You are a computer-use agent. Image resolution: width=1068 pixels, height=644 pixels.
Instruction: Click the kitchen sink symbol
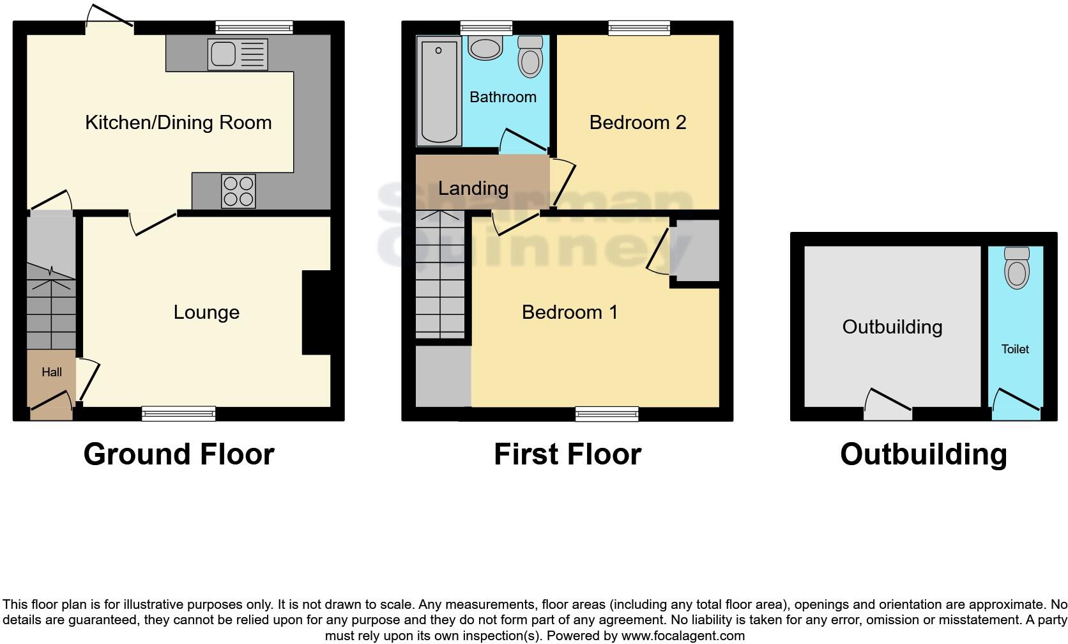237,54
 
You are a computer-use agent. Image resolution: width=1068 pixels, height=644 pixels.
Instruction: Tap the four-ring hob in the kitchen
238,191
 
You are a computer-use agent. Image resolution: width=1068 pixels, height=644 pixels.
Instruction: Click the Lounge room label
206,312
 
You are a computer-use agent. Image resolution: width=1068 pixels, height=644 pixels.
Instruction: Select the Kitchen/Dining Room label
178,123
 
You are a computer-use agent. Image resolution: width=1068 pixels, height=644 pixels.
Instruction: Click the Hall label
52,372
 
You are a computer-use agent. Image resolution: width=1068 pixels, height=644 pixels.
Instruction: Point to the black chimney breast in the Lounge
317,312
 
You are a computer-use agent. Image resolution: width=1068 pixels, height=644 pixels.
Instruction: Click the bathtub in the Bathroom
438,91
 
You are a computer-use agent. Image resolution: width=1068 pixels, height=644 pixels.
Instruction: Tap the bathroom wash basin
485,49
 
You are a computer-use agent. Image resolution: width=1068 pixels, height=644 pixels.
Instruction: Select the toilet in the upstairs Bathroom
530,57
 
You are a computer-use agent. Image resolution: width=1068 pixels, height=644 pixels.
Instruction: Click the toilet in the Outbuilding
1017,268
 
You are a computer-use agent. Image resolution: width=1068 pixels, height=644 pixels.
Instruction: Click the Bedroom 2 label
637,123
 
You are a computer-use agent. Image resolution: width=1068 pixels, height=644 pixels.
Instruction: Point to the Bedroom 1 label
569,312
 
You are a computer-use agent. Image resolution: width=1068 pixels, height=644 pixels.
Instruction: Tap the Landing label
473,188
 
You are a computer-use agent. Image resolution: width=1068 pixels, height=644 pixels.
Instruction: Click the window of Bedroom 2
639,27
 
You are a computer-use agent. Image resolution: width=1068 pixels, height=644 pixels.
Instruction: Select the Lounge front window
179,413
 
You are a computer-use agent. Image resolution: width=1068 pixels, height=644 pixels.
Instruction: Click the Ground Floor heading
179,454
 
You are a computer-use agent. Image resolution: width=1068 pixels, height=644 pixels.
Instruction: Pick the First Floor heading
567,454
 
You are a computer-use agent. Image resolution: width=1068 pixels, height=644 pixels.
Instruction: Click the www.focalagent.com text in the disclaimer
682,636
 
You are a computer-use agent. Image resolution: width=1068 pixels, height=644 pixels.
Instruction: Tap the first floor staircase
440,275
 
